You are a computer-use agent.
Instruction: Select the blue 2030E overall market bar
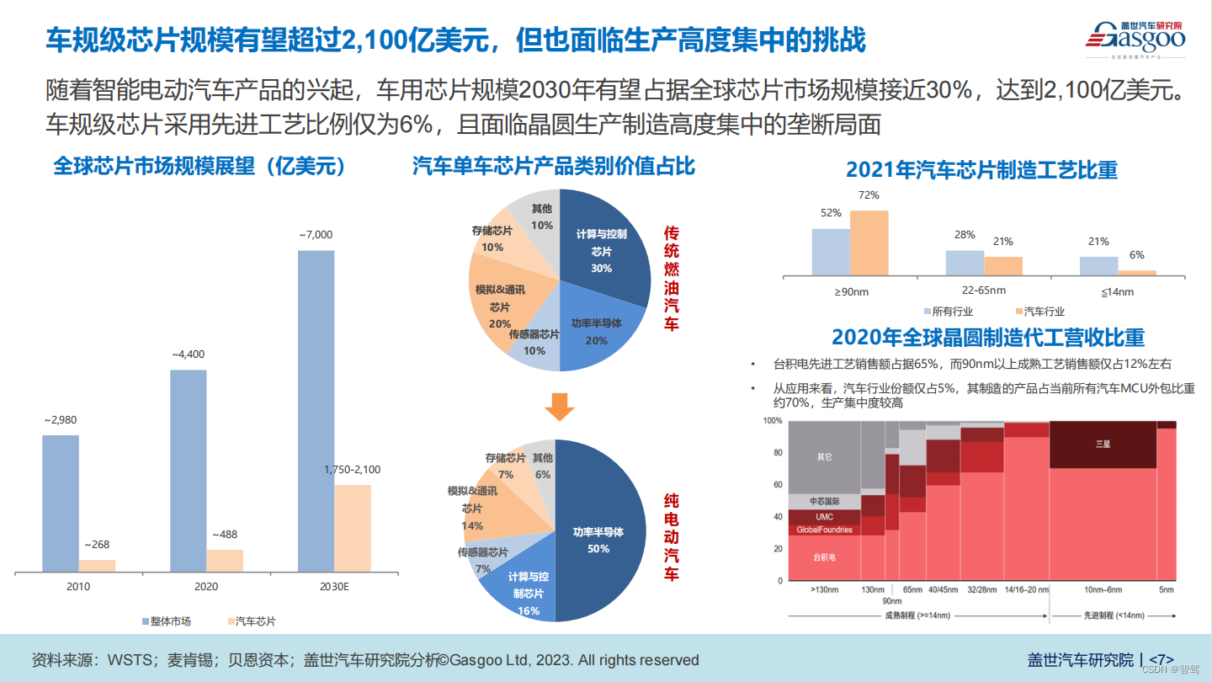point(316,411)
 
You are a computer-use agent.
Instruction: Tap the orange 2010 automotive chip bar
point(97,566)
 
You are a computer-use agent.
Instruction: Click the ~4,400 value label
point(189,355)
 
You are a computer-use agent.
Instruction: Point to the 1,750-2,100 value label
point(352,470)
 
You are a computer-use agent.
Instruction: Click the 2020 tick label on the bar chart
point(206,586)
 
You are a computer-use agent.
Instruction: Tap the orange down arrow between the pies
point(559,408)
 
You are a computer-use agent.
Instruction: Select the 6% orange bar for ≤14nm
point(1136,272)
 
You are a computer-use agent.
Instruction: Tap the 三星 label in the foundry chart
point(1102,443)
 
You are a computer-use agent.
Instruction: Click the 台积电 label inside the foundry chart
point(824,557)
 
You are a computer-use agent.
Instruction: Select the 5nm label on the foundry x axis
point(1166,590)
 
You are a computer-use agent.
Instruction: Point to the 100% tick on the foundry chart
point(772,420)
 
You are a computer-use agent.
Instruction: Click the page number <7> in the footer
point(1161,660)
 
